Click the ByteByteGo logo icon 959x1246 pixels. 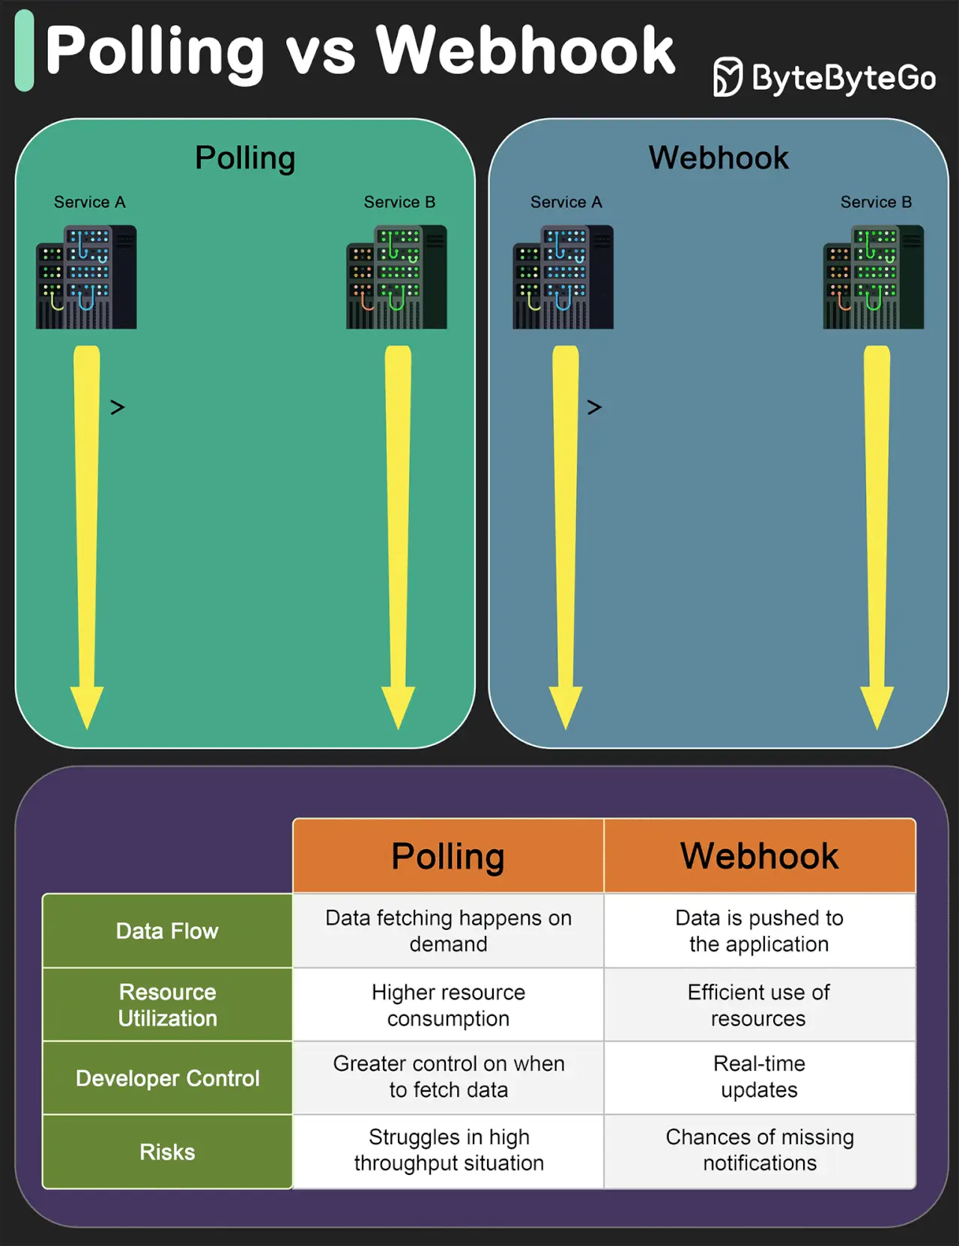(727, 77)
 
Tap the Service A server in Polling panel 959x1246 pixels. (86, 277)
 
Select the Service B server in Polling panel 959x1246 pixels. (396, 277)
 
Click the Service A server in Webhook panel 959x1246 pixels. (563, 277)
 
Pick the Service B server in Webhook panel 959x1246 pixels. (873, 277)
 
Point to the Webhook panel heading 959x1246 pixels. (719, 158)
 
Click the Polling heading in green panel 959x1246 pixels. (245, 158)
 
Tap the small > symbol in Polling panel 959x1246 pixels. (118, 407)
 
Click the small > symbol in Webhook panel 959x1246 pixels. (594, 407)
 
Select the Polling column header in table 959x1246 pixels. (448, 856)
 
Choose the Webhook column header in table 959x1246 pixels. (759, 856)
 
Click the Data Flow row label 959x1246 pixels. (167, 931)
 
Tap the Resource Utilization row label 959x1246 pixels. (167, 1005)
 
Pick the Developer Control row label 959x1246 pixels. (167, 1078)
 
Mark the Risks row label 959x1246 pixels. (167, 1152)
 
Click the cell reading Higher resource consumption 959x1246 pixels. (448, 1005)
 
